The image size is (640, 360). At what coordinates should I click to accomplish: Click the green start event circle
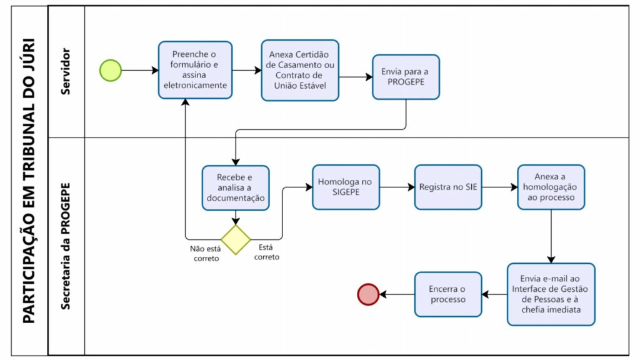(111, 70)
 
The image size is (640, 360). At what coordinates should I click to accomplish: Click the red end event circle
(368, 294)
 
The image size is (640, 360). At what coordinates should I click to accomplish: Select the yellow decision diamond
(236, 239)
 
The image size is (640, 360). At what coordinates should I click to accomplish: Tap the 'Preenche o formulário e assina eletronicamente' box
(195, 70)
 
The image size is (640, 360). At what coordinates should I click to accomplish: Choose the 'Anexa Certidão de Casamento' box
(300, 70)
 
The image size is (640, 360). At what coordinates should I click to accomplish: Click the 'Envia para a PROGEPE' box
(406, 77)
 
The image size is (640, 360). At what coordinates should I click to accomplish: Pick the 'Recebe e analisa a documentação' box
(236, 187)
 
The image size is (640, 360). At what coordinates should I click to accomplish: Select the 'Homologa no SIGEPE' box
(346, 187)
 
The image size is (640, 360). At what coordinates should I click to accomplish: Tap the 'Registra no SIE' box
(448, 187)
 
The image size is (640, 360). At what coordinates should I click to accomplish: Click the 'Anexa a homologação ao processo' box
(551, 187)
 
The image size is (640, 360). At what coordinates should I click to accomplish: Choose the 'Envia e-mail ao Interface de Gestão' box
(551, 294)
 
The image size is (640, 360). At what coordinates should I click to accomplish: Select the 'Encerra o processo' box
(448, 294)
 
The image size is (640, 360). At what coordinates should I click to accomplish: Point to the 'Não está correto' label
(206, 254)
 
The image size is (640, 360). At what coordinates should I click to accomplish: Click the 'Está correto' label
(266, 252)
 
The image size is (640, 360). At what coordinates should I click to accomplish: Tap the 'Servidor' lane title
(65, 71)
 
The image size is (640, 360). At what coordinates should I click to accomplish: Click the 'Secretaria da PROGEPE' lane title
(65, 246)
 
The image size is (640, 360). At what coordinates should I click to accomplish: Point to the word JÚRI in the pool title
(28, 56)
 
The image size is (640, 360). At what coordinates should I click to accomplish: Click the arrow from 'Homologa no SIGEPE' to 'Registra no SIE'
(397, 187)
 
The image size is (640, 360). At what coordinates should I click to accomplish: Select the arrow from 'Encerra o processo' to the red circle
(397, 294)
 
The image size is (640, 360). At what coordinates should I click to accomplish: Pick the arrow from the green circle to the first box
(140, 70)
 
